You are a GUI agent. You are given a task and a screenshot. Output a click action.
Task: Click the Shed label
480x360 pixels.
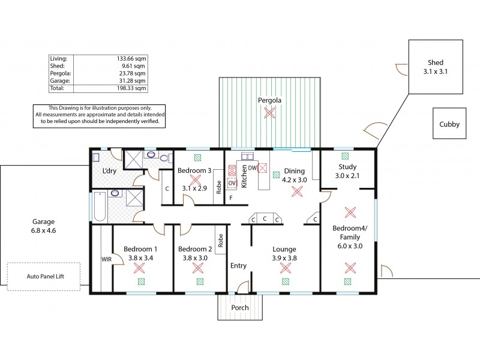click(435, 62)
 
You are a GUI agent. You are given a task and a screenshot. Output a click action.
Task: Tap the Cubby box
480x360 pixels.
click(449, 125)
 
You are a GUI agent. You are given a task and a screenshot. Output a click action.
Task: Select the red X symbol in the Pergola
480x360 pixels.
click(270, 112)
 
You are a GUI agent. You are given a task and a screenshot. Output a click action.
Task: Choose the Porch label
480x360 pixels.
click(240, 308)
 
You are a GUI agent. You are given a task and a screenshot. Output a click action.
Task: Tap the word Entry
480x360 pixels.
click(238, 265)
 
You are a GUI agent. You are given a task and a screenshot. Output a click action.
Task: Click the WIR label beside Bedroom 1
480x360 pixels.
click(106, 259)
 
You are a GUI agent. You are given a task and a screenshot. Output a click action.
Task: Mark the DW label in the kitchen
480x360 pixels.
click(253, 169)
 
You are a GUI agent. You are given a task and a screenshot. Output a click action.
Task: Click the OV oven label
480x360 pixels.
click(232, 182)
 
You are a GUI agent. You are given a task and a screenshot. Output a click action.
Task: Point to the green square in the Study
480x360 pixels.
click(344, 155)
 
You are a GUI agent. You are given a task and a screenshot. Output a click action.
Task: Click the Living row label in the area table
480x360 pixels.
click(59, 58)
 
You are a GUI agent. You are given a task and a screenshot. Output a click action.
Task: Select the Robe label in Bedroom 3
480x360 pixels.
click(219, 188)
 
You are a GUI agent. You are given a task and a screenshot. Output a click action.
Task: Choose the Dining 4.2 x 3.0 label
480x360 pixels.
click(295, 175)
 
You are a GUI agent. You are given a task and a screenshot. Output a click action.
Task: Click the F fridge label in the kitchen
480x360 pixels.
click(231, 197)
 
